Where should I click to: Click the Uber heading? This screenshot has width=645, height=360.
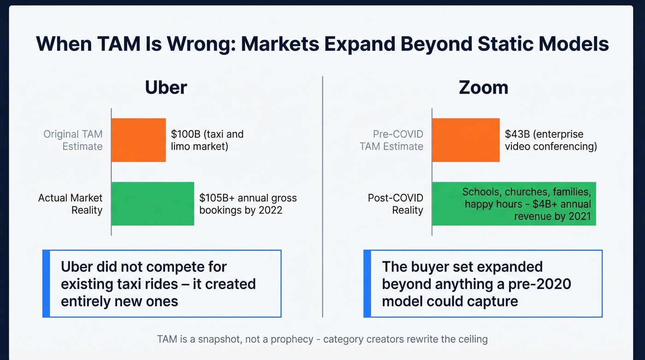166,87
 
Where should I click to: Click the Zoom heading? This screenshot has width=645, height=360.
483,87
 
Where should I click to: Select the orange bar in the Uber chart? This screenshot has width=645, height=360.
139,140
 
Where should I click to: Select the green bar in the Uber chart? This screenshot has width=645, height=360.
152,204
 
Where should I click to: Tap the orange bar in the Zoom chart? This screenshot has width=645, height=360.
466,140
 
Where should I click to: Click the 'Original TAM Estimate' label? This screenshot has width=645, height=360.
73,140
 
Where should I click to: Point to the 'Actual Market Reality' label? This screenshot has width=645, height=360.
70,204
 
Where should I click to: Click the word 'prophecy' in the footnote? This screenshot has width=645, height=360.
293,339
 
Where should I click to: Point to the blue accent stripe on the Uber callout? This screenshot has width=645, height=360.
46,283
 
